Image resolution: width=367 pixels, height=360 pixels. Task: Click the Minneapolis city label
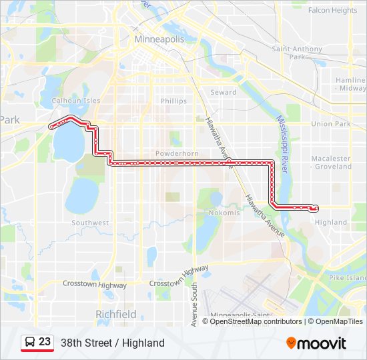pyautogui.click(x=159, y=39)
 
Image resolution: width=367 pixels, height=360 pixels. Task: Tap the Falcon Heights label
pyautogui.click(x=332, y=10)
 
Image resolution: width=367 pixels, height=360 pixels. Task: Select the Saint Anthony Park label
pyautogui.click(x=298, y=53)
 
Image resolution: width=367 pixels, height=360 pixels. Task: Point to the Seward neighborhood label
pyautogui.click(x=223, y=93)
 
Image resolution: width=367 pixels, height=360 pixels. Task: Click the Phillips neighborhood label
pyautogui.click(x=173, y=101)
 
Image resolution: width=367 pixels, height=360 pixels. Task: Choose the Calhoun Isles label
pyautogui.click(x=76, y=101)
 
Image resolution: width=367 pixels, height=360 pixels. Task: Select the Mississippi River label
pyautogui.click(x=282, y=144)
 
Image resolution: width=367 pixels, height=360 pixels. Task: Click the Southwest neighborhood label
pyautogui.click(x=90, y=223)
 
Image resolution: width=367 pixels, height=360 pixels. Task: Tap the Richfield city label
pyautogui.click(x=116, y=314)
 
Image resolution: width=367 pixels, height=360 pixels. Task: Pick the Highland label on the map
pyautogui.click(x=331, y=222)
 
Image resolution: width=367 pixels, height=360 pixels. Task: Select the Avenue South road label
pyautogui.click(x=194, y=304)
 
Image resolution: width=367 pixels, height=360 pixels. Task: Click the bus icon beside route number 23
pyautogui.click(x=30, y=342)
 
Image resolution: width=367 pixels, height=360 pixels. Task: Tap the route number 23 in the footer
pyautogui.click(x=45, y=342)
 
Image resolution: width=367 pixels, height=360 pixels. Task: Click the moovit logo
pyautogui.click(x=316, y=343)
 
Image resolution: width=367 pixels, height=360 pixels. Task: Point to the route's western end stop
pyautogui.click(x=51, y=126)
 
